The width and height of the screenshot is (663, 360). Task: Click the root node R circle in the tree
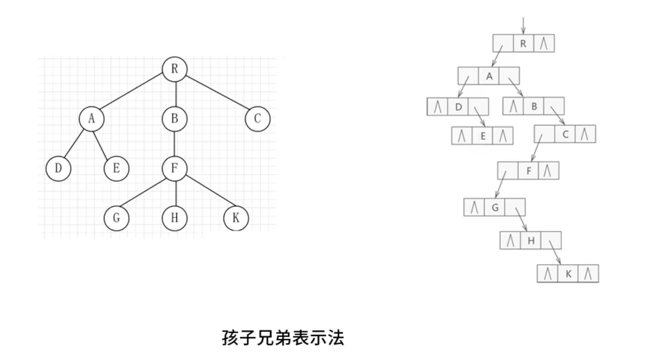coord(175,69)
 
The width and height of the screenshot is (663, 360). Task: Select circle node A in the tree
coord(92,119)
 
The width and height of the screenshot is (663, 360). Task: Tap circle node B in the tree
coord(175,119)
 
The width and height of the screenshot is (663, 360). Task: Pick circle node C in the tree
coord(258,119)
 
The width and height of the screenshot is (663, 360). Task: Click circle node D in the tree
coord(58,168)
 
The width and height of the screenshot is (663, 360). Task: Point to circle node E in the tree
coord(117,168)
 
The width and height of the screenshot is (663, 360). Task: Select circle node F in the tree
coord(175,168)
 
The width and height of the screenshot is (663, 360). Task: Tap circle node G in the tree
coord(117,218)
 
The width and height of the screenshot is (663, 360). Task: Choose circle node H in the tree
coord(175,218)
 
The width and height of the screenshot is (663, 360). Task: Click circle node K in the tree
coord(236,218)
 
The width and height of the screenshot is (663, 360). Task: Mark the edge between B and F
coord(175,144)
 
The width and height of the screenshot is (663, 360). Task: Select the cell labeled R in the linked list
coord(523,44)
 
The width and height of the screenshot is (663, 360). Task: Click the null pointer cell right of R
coord(544,44)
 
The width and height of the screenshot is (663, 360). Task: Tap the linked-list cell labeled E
coord(483,136)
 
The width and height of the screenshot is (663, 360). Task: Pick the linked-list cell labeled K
coord(568,274)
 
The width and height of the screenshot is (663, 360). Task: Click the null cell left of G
coord(474,208)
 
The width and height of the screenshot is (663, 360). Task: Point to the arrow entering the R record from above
coord(523,25)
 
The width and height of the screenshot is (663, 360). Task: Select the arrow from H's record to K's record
coord(555,253)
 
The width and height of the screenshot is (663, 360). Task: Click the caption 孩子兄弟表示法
coord(283,338)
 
